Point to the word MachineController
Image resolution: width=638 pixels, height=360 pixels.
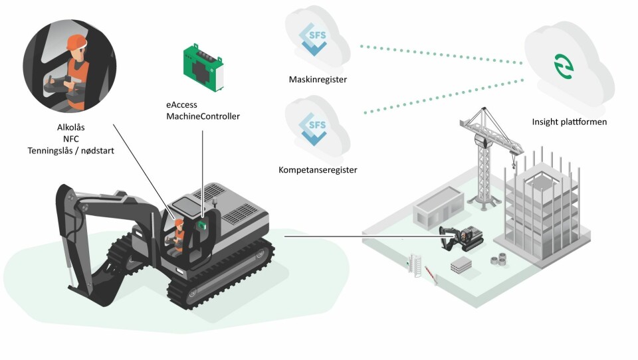[x=203, y=116]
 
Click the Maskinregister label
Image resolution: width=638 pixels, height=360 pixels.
[x=318, y=80]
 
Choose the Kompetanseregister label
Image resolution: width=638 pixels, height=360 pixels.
[x=318, y=170]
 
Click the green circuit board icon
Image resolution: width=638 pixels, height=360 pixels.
[x=205, y=67]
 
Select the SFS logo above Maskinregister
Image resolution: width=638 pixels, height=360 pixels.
[x=314, y=37]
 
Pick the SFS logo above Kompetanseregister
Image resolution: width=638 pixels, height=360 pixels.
[x=314, y=127]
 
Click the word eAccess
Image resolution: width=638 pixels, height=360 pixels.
[x=181, y=105]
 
